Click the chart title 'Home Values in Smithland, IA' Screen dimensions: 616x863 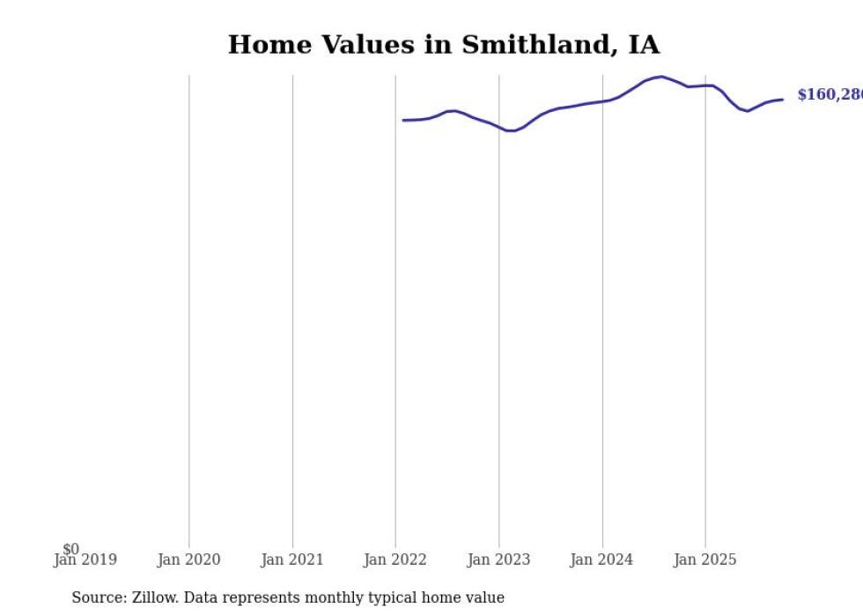tap(443, 45)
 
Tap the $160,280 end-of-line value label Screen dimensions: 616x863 tap(829, 95)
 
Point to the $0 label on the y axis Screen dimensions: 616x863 tap(70, 549)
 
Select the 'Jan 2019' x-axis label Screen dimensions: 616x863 tap(85, 560)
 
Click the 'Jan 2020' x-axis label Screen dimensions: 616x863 tap(188, 560)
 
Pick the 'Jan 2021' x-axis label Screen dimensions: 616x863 tap(292, 560)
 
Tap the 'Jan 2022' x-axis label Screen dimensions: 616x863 tap(395, 560)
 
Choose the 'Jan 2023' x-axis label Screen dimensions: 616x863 tap(498, 560)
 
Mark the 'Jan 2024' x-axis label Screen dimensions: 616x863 tap(601, 560)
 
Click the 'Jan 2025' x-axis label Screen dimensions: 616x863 tap(704, 560)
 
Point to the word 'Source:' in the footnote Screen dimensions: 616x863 tap(100, 597)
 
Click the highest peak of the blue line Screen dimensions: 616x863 tap(661, 77)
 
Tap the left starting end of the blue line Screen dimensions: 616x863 tap(403, 120)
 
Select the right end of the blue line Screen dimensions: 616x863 tap(782, 100)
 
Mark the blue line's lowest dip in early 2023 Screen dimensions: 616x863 tap(511, 130)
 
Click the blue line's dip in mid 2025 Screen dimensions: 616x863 tap(748, 111)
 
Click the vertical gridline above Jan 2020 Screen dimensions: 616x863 tap(188, 308)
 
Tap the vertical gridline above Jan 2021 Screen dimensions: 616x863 tap(292, 308)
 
